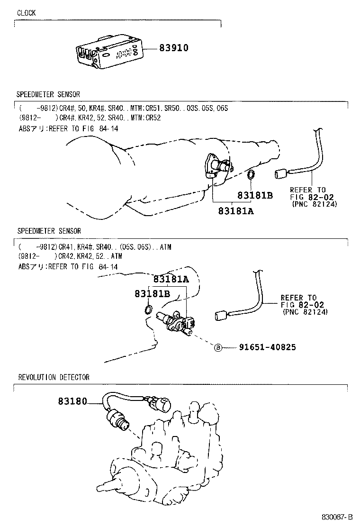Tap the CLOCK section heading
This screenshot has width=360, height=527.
coord(27,13)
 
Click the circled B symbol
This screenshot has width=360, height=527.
coord(218,348)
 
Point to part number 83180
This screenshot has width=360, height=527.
coord(72,401)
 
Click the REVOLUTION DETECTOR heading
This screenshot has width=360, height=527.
coord(54,378)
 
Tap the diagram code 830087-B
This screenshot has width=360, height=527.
coord(338,517)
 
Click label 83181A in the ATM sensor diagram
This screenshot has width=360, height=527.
coord(171,280)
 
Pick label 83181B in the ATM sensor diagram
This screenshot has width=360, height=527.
coord(152,294)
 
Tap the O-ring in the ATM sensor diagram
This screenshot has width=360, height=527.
coord(148,310)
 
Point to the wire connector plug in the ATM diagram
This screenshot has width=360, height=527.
coord(220,315)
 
